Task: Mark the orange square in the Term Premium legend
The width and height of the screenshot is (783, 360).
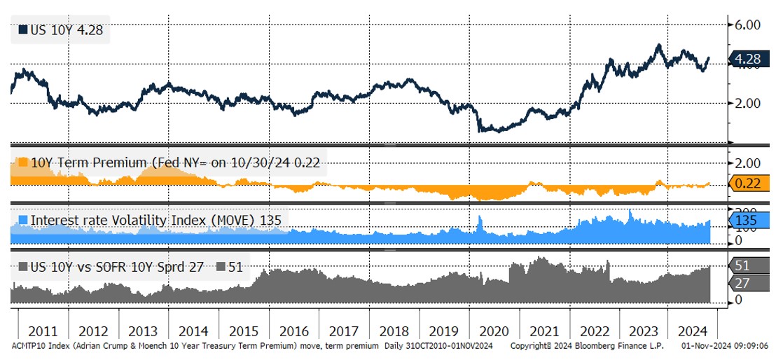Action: tap(22, 162)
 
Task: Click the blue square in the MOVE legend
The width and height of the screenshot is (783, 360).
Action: tap(22, 220)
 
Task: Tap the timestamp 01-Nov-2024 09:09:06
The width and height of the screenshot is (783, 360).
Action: tap(726, 346)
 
